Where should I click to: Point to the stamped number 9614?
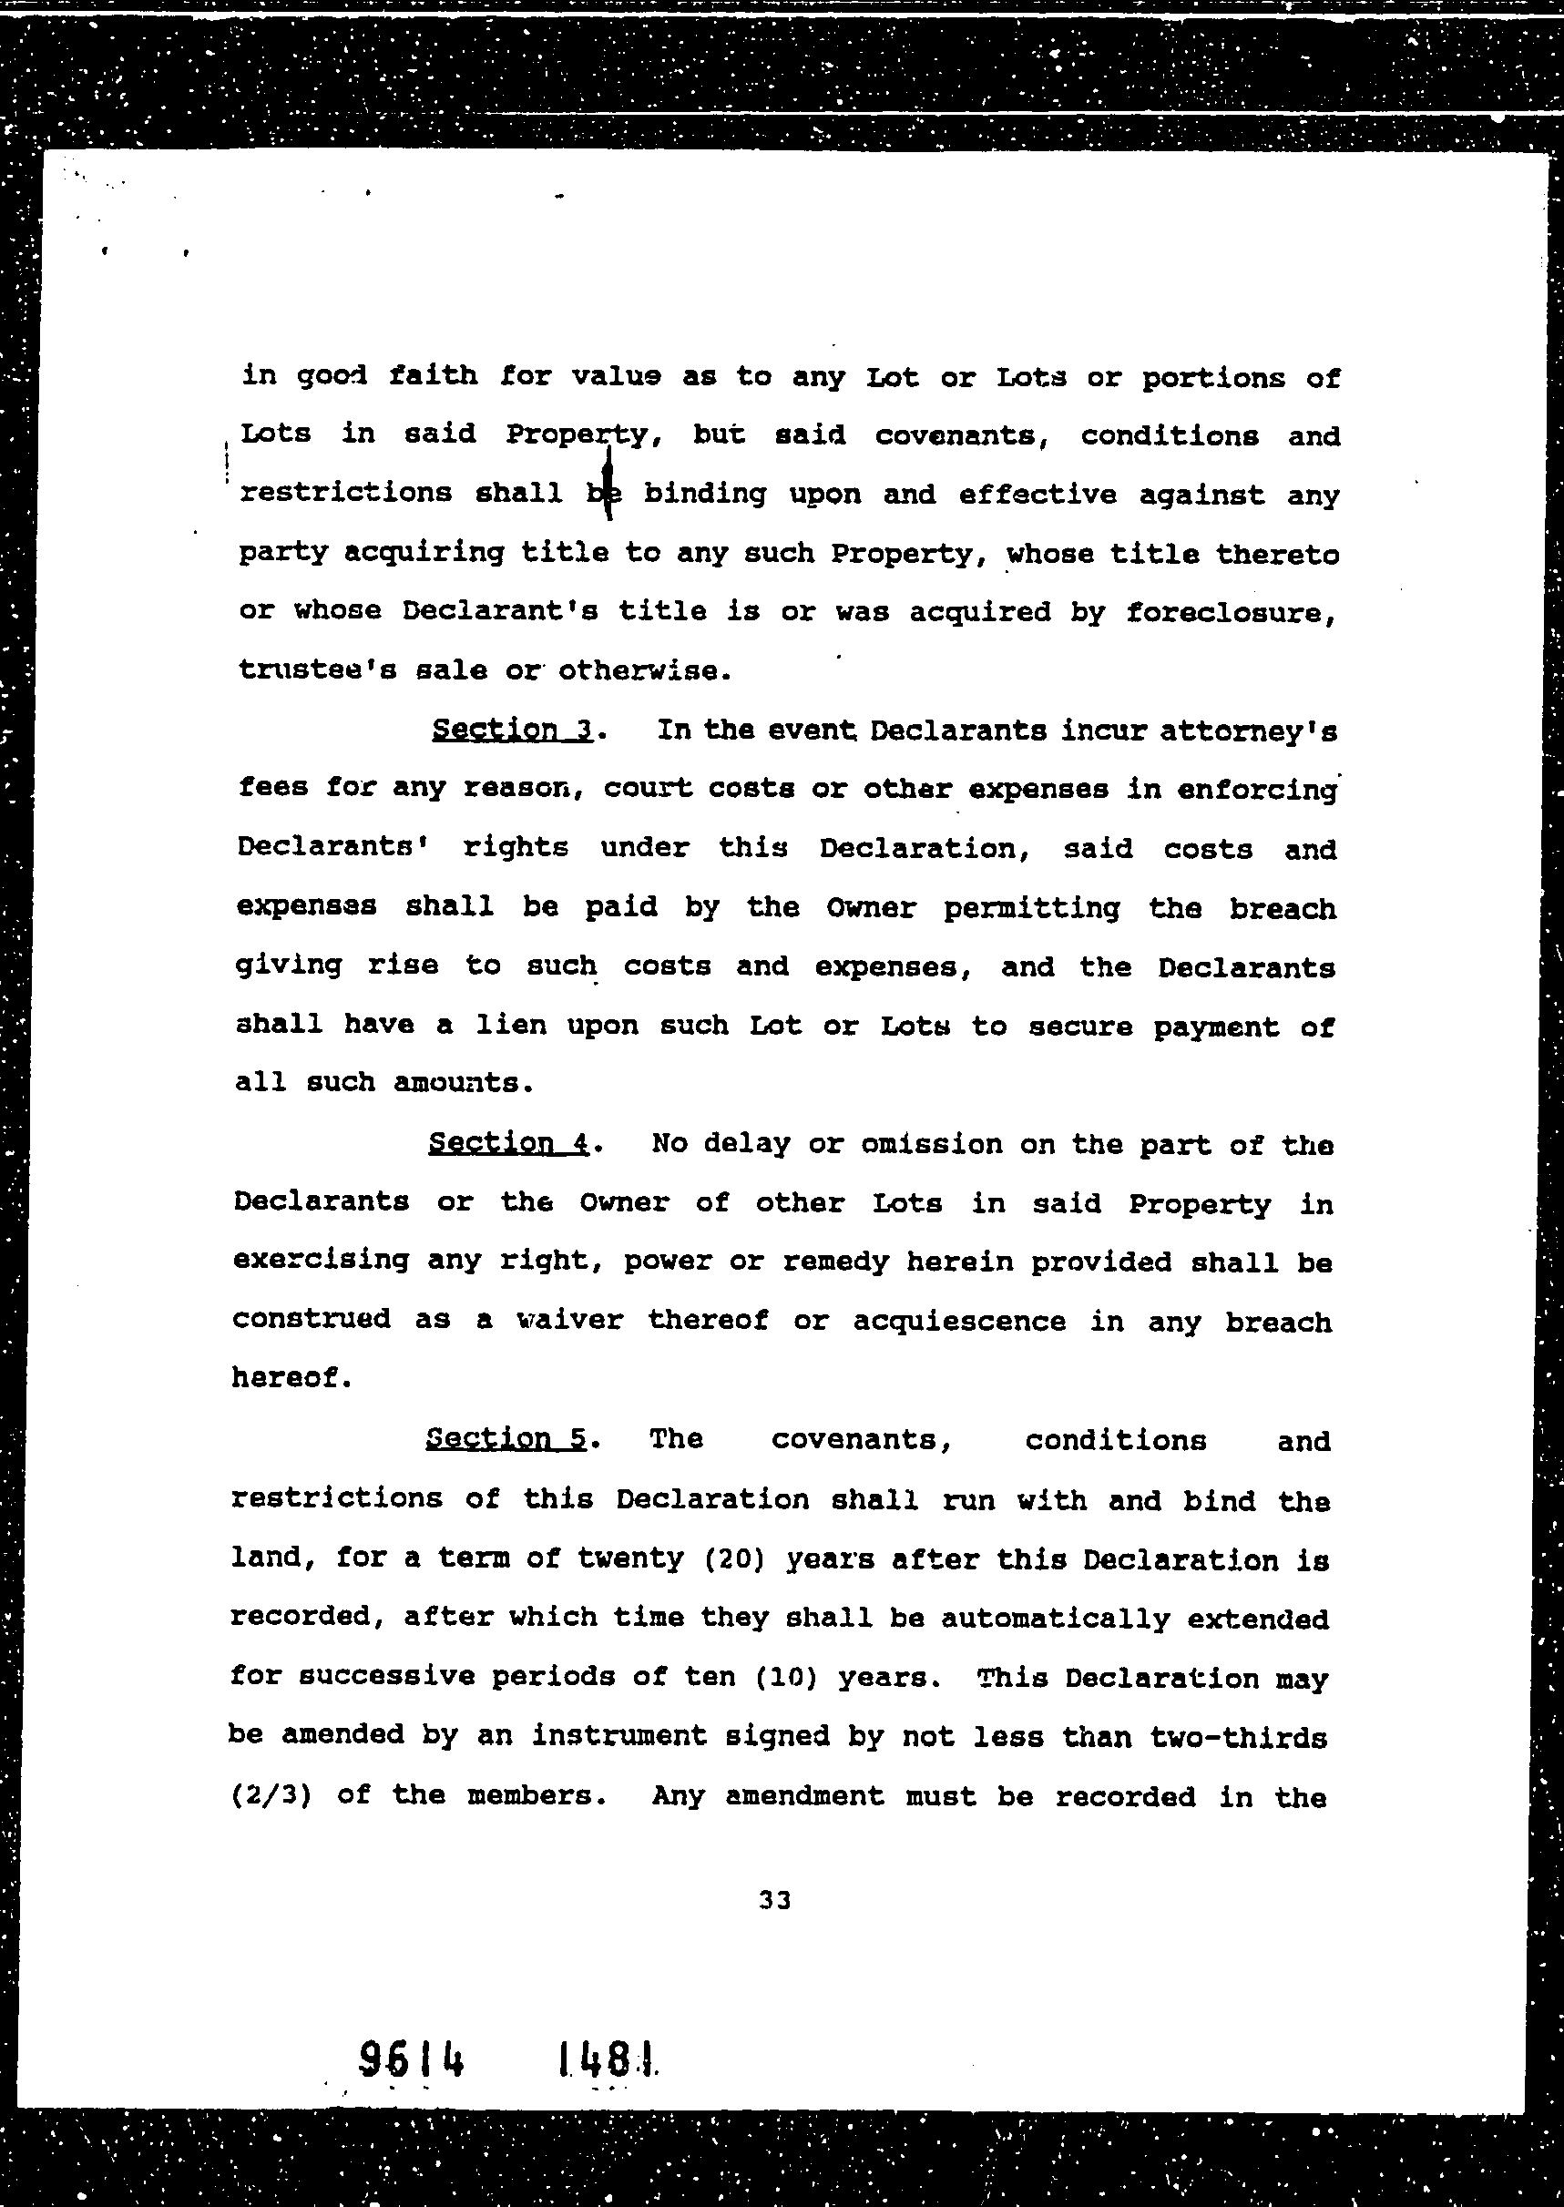411,2060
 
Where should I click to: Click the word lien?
508,1026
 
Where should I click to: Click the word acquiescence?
959,1321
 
